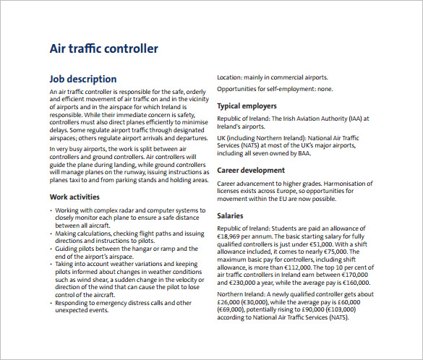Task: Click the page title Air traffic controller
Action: tap(103, 49)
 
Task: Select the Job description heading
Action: tap(82, 79)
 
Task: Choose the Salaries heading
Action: tap(235, 216)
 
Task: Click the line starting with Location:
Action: tap(273, 77)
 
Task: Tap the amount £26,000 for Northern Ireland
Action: tap(233, 302)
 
